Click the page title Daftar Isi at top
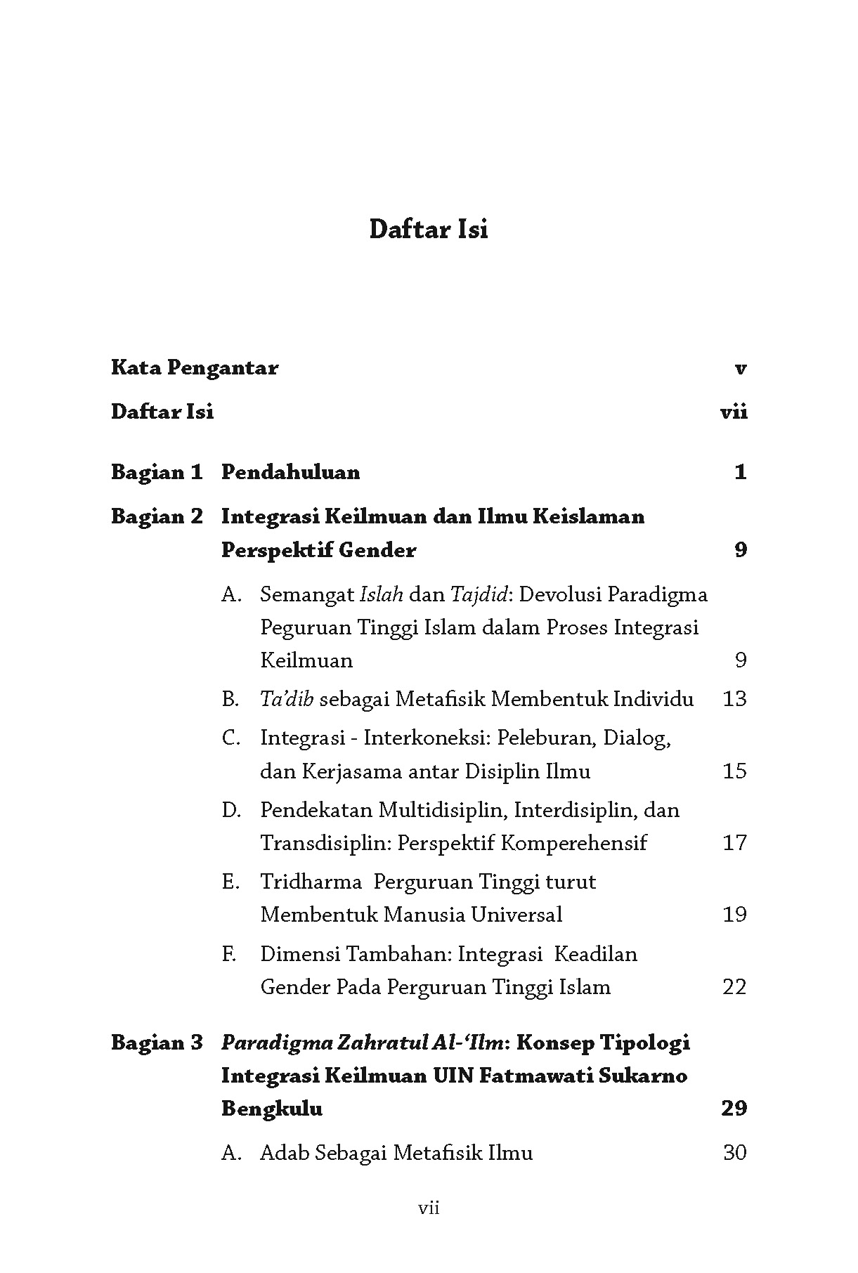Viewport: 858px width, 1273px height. click(x=428, y=229)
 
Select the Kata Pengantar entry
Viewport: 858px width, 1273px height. click(x=195, y=367)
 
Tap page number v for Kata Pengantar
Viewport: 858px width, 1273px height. click(x=739, y=368)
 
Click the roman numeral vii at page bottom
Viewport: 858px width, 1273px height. click(x=429, y=1208)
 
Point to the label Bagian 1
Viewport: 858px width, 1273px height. click(x=157, y=471)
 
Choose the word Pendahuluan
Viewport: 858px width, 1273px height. click(x=290, y=471)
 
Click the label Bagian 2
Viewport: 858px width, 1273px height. click(x=157, y=516)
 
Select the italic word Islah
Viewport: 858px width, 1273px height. click(x=382, y=594)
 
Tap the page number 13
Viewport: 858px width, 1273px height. click(x=734, y=699)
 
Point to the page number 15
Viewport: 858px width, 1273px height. click(x=734, y=771)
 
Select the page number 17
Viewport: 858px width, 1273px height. click(x=734, y=842)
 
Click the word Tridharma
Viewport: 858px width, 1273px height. click(x=311, y=881)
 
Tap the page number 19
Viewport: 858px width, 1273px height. click(x=734, y=915)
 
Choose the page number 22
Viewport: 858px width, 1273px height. click(x=734, y=987)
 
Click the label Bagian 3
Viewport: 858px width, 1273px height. click(x=157, y=1042)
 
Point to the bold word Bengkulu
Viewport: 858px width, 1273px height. click(x=272, y=1108)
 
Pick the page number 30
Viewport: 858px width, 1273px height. click(x=734, y=1153)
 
